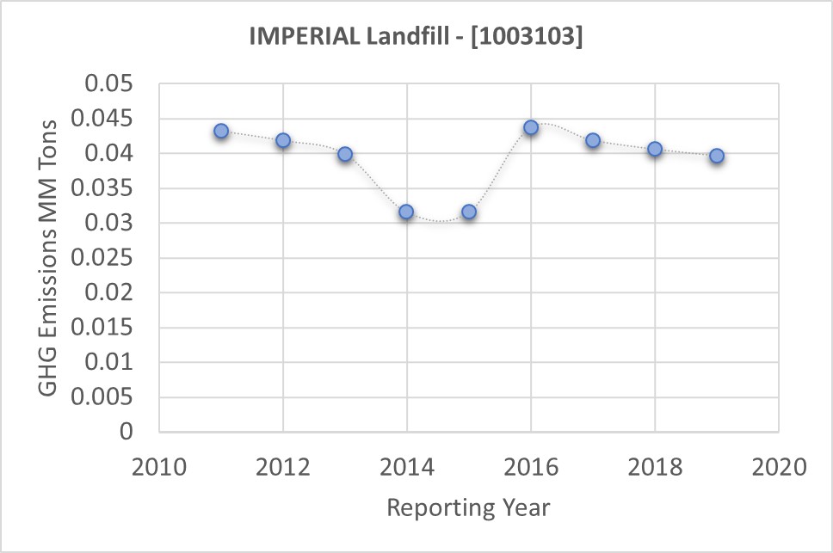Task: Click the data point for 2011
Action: tap(221, 131)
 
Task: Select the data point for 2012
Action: tap(283, 140)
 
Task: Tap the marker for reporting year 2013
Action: tap(345, 154)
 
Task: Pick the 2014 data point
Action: tap(406, 212)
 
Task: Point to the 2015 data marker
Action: tap(469, 212)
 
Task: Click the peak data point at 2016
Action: tap(531, 127)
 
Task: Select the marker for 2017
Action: tap(593, 140)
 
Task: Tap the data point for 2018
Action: tap(655, 149)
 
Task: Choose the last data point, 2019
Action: tap(717, 156)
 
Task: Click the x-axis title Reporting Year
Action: tap(468, 507)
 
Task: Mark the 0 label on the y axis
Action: tap(127, 432)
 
